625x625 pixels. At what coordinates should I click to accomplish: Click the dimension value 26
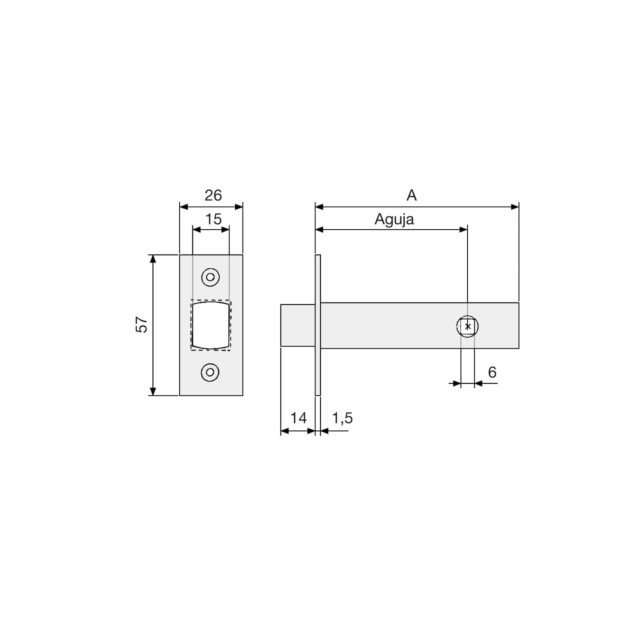tap(213, 195)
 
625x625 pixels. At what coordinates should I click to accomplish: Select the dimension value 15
tap(213, 219)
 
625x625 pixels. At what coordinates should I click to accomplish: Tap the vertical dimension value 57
tap(142, 325)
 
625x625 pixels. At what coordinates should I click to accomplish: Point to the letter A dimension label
tap(412, 195)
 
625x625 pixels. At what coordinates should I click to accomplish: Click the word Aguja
tap(394, 219)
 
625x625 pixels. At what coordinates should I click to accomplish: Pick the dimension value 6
tap(492, 372)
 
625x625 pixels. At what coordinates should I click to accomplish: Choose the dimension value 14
tap(298, 418)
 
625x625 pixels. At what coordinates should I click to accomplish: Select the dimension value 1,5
tap(342, 418)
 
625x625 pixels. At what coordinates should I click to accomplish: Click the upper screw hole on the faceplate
tap(210, 277)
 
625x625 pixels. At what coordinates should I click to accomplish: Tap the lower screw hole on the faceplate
tap(210, 372)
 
